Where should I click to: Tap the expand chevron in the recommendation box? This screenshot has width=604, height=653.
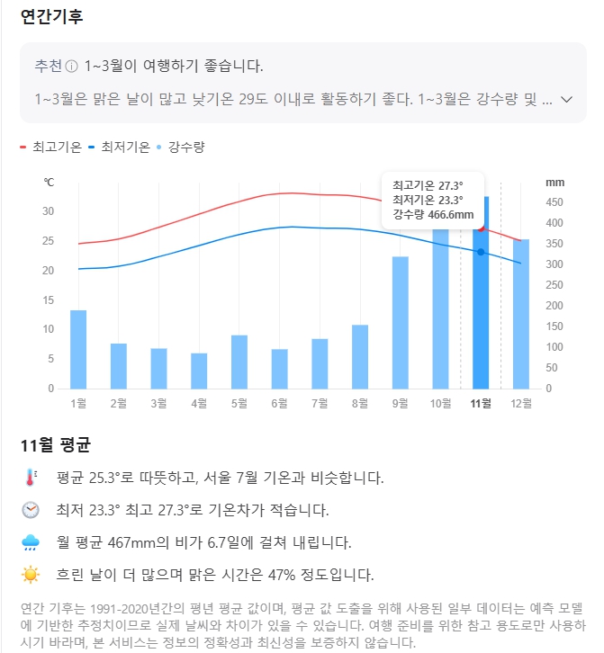566,99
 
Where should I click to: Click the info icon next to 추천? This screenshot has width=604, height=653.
72,67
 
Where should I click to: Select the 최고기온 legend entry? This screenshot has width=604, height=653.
51,147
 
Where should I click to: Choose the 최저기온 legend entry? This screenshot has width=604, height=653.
119,147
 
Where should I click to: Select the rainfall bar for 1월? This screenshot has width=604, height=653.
78,349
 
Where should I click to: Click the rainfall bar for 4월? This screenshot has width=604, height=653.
199,371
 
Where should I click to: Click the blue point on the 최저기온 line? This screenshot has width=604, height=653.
481,252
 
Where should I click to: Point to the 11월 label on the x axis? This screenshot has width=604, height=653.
481,403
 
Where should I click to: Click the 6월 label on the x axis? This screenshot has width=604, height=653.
279,403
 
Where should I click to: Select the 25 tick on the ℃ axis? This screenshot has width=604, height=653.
49,241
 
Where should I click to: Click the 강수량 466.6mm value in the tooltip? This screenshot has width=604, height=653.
433,215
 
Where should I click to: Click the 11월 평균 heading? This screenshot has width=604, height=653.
56,445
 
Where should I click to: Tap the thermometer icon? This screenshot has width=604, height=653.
32,478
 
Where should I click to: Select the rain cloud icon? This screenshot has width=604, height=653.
32,542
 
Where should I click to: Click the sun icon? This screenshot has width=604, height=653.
32,574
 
